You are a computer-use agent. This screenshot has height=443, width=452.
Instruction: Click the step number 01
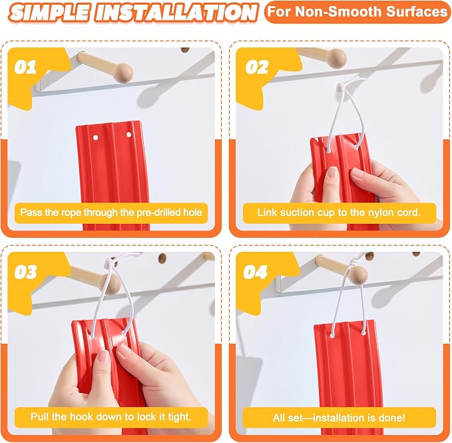point(25,67)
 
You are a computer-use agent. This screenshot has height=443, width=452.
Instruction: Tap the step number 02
point(257,67)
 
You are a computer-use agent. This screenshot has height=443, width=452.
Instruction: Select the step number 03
point(26,272)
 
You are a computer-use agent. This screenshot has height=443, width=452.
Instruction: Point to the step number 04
point(256,272)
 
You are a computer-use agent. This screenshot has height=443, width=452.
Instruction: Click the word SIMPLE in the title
point(50,13)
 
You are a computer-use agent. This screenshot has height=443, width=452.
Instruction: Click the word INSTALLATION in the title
point(176,13)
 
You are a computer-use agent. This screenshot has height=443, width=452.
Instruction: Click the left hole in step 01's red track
point(96,138)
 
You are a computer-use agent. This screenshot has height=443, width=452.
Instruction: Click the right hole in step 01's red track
point(129,135)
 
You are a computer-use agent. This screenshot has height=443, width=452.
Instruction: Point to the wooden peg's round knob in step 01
point(123,72)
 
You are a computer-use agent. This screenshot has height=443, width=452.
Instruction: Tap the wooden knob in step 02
point(336,58)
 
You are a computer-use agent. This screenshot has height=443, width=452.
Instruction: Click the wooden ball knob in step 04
point(357,276)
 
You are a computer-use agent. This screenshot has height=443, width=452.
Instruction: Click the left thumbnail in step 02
point(333,173)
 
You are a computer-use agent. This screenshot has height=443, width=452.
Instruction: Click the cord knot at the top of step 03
point(110,262)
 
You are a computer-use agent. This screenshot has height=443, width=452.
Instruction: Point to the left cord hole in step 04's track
point(332,336)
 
